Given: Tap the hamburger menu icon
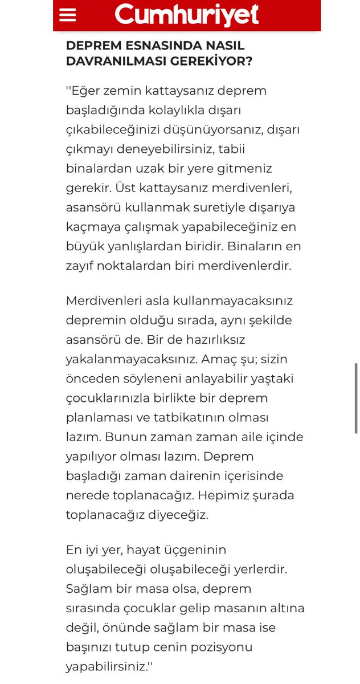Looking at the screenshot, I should click(x=68, y=15).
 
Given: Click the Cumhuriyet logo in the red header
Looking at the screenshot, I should click(x=187, y=15).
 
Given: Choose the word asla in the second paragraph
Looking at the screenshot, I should click(x=141, y=301).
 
